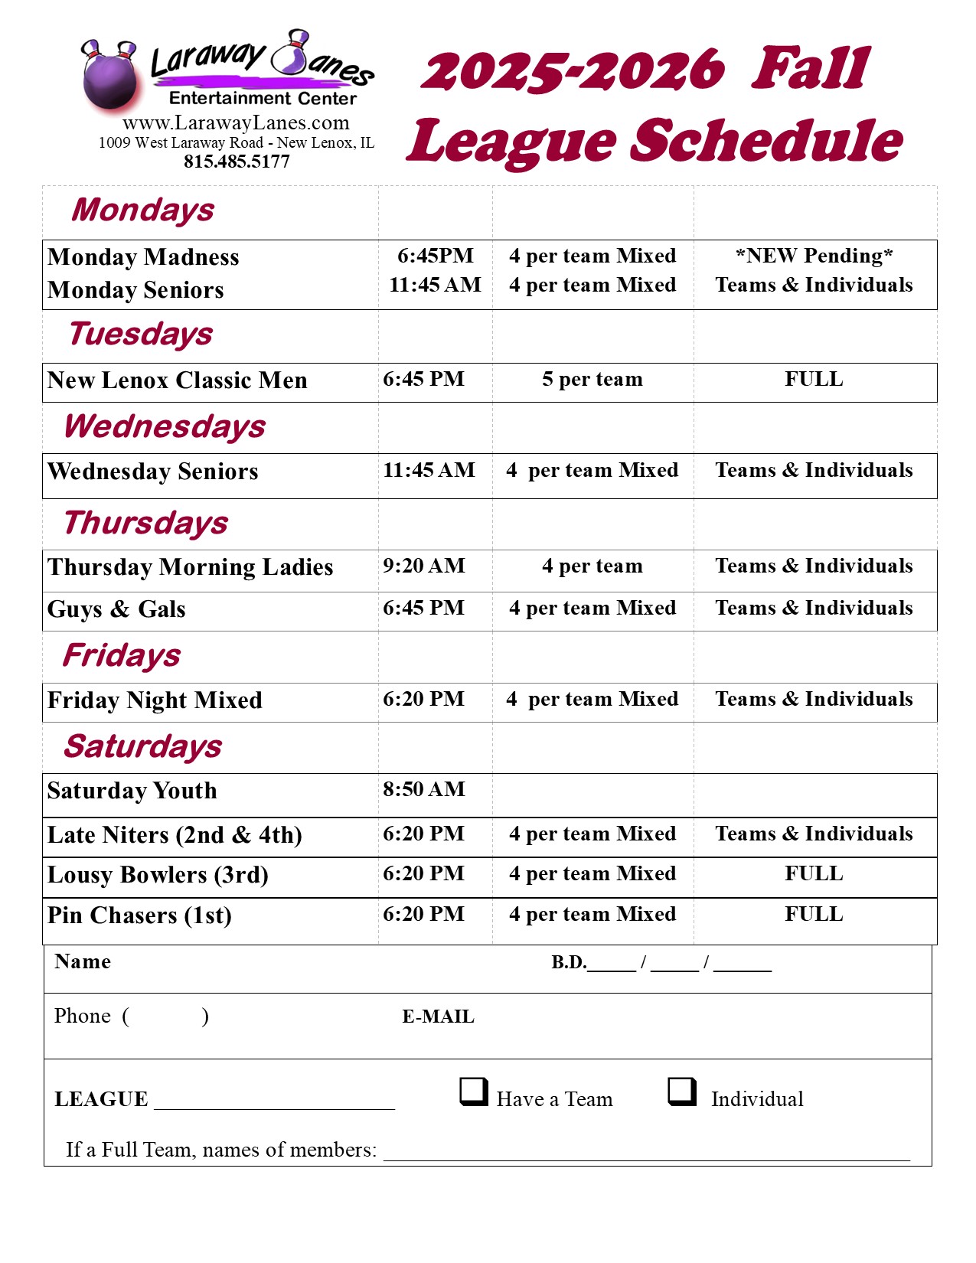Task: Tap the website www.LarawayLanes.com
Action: (x=236, y=122)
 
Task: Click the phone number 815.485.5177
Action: (x=237, y=162)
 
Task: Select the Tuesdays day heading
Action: (x=141, y=335)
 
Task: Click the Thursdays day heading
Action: (x=145, y=523)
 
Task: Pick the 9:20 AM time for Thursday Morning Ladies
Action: (x=424, y=566)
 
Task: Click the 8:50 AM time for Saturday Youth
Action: (x=424, y=789)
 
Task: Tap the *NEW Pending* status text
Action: (x=814, y=256)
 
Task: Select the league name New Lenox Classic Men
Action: (x=178, y=380)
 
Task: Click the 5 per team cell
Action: (x=592, y=379)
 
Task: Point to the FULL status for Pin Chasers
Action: (x=814, y=914)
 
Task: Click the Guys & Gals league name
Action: (x=116, y=609)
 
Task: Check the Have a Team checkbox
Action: (x=474, y=1092)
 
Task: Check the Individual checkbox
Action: (x=682, y=1092)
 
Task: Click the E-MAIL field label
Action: (x=439, y=1017)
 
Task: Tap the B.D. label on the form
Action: (x=569, y=962)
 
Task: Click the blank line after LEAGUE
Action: (x=274, y=1102)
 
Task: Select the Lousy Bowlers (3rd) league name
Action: (x=158, y=875)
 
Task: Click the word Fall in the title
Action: (x=811, y=69)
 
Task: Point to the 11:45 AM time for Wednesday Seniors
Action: (x=429, y=470)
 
